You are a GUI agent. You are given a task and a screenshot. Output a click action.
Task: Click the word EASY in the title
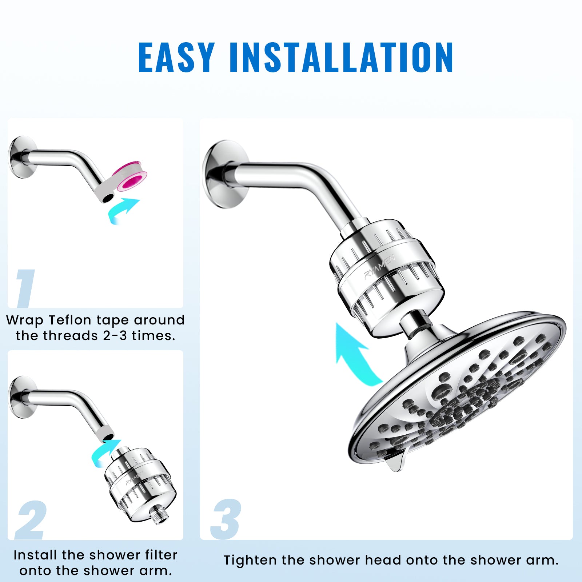(177, 57)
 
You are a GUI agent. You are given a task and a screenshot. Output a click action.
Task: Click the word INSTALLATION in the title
(342, 57)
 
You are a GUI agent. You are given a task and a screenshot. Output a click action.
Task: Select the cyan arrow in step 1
(123, 211)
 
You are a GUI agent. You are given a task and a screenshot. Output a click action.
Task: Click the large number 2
(31, 520)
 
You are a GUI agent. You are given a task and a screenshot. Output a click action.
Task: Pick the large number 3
(226, 519)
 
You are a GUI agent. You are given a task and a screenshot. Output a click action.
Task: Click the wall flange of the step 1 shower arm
(23, 157)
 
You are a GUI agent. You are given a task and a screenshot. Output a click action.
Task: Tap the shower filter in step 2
(140, 481)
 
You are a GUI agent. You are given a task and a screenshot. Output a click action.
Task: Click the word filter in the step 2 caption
(161, 555)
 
